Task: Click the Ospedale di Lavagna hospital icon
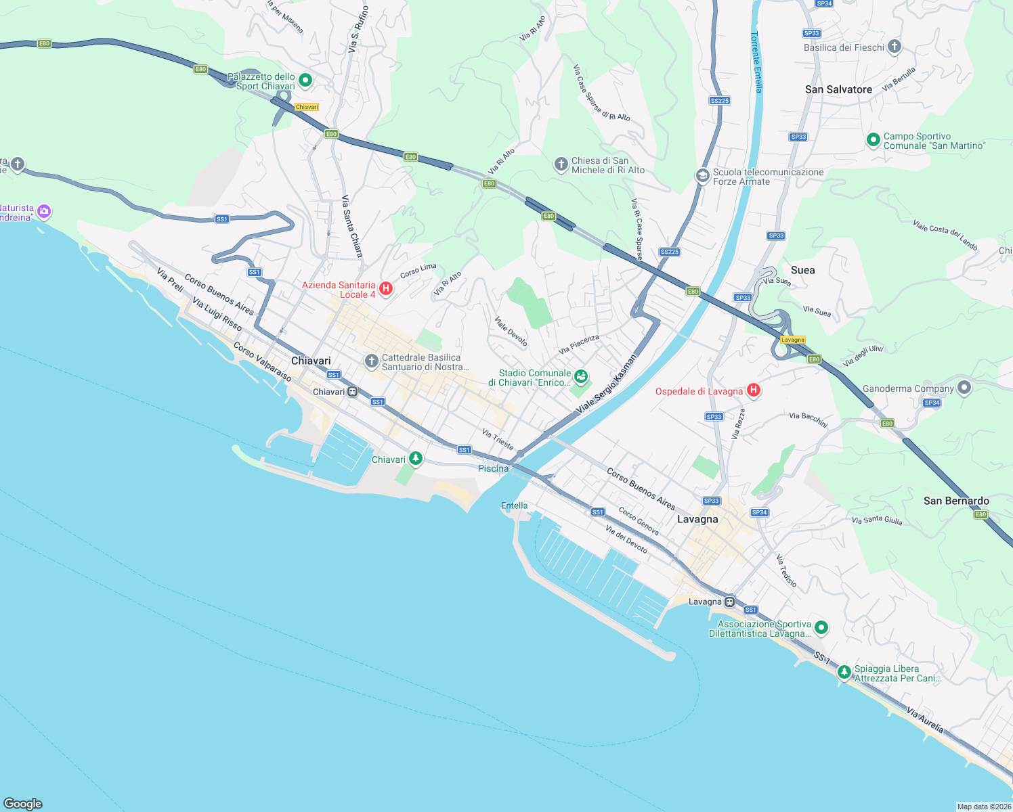(753, 390)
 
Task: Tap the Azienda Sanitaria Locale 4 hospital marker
(386, 289)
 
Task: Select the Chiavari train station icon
(353, 392)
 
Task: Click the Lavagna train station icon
(729, 602)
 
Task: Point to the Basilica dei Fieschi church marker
(895, 47)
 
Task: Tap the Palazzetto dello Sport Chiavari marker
(305, 81)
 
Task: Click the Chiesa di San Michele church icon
(561, 164)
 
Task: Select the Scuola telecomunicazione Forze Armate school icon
(702, 176)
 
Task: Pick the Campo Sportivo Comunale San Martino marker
(874, 140)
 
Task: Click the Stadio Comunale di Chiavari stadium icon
(580, 376)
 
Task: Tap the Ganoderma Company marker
(964, 388)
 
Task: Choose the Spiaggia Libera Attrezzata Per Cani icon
(844, 673)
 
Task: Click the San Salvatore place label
(838, 89)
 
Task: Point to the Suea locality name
(802, 270)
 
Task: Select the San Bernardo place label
(956, 501)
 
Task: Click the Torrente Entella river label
(757, 62)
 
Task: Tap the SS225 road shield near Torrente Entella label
(719, 101)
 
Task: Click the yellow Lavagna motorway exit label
(792, 340)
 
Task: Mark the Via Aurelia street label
(925, 720)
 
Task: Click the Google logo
(23, 803)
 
